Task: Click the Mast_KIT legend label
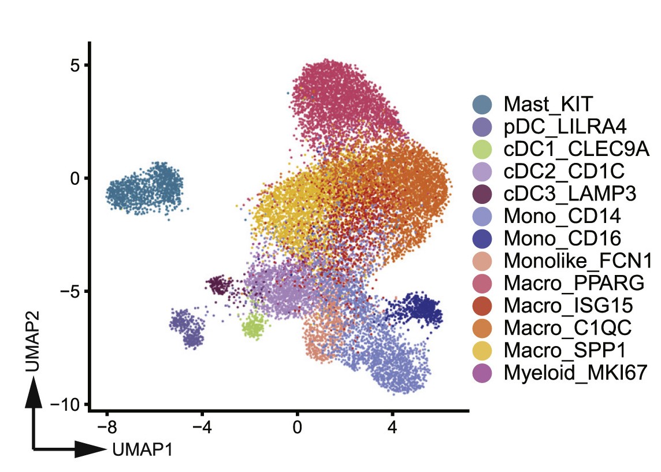click(548, 105)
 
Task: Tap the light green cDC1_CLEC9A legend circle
click(482, 149)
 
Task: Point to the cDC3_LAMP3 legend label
click(570, 194)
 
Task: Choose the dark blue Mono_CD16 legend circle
click(482, 238)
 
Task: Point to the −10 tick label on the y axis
click(68, 404)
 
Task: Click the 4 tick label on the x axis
click(392, 429)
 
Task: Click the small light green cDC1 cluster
click(252, 326)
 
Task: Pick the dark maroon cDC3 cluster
click(218, 284)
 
